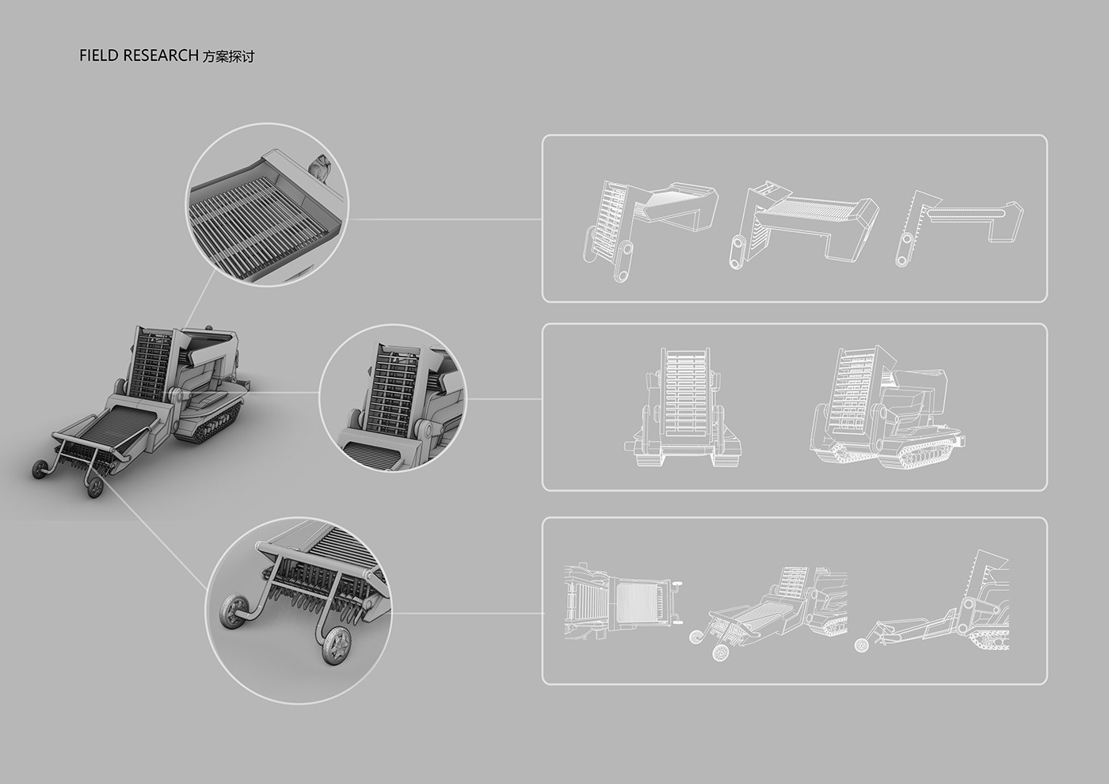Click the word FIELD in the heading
pos(99,55)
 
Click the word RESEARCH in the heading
pos(160,55)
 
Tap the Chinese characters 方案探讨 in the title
pos(228,56)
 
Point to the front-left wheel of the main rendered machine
pos(39,469)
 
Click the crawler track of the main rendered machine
pos(218,423)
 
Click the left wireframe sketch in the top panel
pos(650,230)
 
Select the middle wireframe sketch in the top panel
pos(803,225)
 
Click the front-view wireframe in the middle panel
pos(682,407)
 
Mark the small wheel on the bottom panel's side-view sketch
pos(863,645)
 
